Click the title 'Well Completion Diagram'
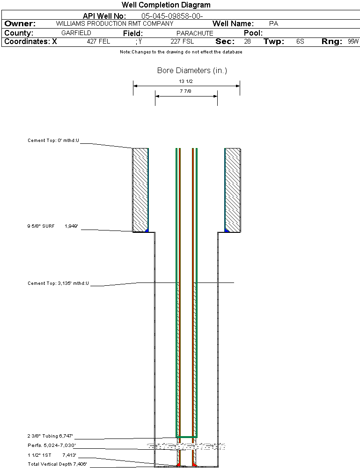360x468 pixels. (x=166, y=5)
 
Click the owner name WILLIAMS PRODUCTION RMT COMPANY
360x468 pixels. (x=114, y=23)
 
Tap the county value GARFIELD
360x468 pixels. (x=76, y=33)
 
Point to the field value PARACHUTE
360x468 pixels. (x=195, y=33)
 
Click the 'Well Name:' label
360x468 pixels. (x=233, y=23)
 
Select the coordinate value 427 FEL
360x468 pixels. (x=98, y=42)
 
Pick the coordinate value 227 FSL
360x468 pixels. (x=182, y=42)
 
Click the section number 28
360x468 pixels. (x=247, y=42)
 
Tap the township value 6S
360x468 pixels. (x=300, y=42)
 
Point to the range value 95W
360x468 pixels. (x=353, y=42)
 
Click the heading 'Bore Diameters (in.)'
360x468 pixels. (x=192, y=71)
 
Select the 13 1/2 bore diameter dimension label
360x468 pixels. (x=186, y=82)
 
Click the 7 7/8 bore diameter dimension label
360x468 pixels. (x=186, y=91)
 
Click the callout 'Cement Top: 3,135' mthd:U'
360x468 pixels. (x=58, y=283)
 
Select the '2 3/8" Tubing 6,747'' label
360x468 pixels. (x=51, y=436)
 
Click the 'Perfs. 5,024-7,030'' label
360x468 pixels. (x=51, y=445)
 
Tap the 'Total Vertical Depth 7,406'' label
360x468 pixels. (x=57, y=464)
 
